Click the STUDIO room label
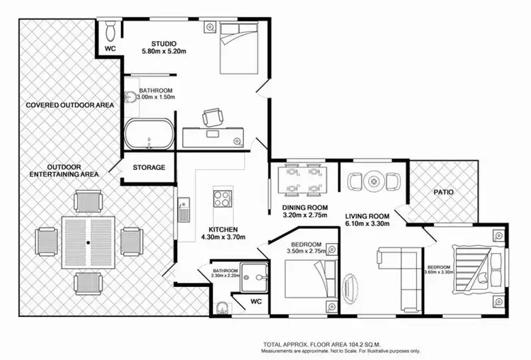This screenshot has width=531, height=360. pos(159,42)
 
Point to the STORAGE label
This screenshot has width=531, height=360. pos(149,168)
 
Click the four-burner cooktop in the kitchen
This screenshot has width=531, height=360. pos(223,199)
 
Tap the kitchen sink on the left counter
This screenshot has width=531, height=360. pos(184,210)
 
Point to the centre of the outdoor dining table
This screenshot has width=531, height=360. pos(88,242)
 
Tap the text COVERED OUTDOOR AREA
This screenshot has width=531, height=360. pos(69,105)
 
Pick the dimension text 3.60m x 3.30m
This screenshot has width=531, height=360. pos(438,271)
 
